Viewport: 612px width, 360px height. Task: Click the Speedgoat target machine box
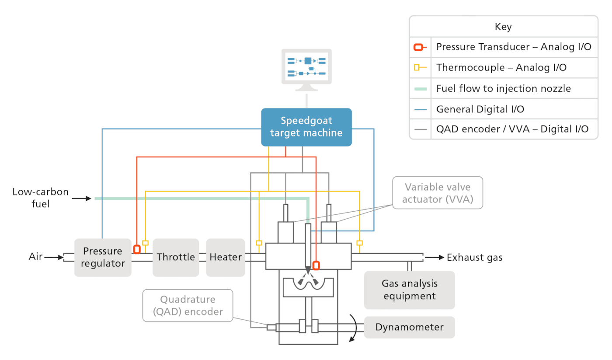pyautogui.click(x=306, y=127)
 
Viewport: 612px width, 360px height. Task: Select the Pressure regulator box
pyautogui.click(x=103, y=258)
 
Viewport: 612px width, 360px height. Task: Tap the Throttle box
pyautogui.click(x=176, y=257)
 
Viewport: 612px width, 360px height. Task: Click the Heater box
pyautogui.click(x=226, y=257)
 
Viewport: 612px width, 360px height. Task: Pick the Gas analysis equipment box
pyautogui.click(x=409, y=290)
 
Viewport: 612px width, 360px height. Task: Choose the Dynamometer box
pyautogui.click(x=409, y=327)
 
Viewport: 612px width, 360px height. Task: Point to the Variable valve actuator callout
pyautogui.click(x=437, y=192)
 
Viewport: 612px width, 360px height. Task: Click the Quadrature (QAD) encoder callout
pyautogui.click(x=188, y=306)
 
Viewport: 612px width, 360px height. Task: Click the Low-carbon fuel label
pyautogui.click(x=40, y=198)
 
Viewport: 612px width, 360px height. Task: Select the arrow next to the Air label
pyautogui.click(x=54, y=257)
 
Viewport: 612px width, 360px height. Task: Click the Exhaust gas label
pyautogui.click(x=474, y=258)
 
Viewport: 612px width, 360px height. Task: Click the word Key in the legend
pyautogui.click(x=503, y=27)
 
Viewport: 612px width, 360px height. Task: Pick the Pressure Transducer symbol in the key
pyautogui.click(x=420, y=47)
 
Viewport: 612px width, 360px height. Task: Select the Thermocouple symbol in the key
pyautogui.click(x=420, y=68)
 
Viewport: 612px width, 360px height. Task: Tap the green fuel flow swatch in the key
pyautogui.click(x=420, y=89)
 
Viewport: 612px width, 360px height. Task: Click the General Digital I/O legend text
pyautogui.click(x=480, y=109)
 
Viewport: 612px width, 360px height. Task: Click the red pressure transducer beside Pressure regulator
pyautogui.click(x=137, y=249)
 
